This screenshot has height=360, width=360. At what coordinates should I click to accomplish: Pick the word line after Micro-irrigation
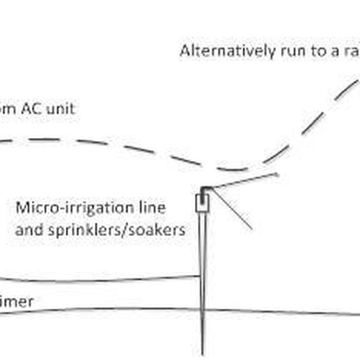153,209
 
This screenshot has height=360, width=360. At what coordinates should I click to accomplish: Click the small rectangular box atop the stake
202,203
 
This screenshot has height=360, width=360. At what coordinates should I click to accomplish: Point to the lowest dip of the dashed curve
231,170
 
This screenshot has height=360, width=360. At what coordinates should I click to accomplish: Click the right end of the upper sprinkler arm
278,175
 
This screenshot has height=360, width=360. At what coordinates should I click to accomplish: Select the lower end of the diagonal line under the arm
251,229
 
